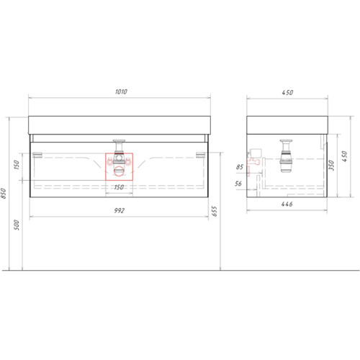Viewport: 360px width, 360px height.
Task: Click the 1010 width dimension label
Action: pos(121,91)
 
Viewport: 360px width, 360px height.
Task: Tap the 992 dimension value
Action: pos(120,210)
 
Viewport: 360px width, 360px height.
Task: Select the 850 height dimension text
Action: pos(4,194)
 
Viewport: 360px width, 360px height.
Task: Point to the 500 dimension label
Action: pos(17,225)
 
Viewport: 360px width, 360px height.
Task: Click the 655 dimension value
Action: pos(215,211)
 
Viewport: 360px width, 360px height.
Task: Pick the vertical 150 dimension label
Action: pos(17,165)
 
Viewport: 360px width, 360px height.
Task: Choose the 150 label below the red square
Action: pos(119,187)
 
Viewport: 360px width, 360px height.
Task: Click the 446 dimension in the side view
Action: pos(287,204)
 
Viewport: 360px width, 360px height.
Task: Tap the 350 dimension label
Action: pos(331,166)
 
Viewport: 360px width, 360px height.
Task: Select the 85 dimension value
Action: pos(240,167)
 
